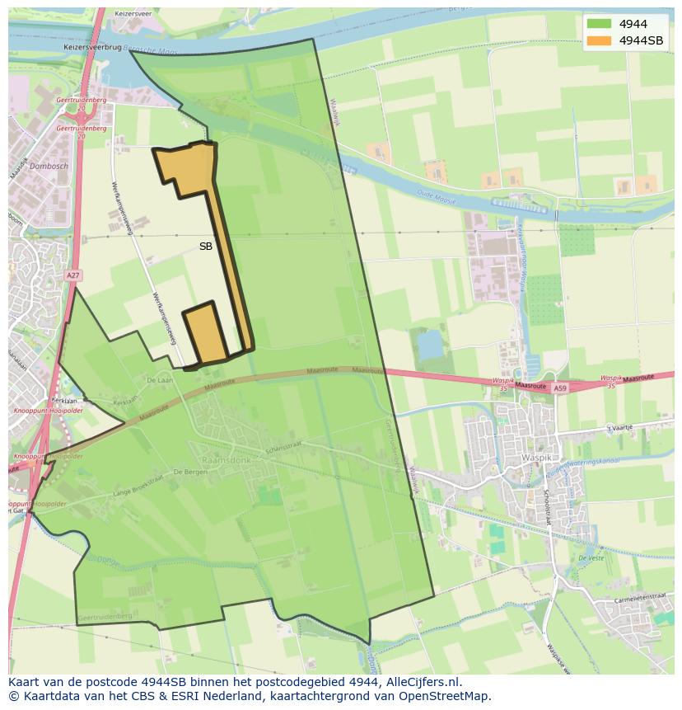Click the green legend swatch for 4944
pos(599,24)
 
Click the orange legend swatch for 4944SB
pos(599,40)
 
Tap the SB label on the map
pos(206,246)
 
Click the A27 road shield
pos(73,275)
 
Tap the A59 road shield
pos(560,388)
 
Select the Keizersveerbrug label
pos(91,48)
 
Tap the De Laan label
pos(160,380)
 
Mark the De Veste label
pos(591,558)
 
